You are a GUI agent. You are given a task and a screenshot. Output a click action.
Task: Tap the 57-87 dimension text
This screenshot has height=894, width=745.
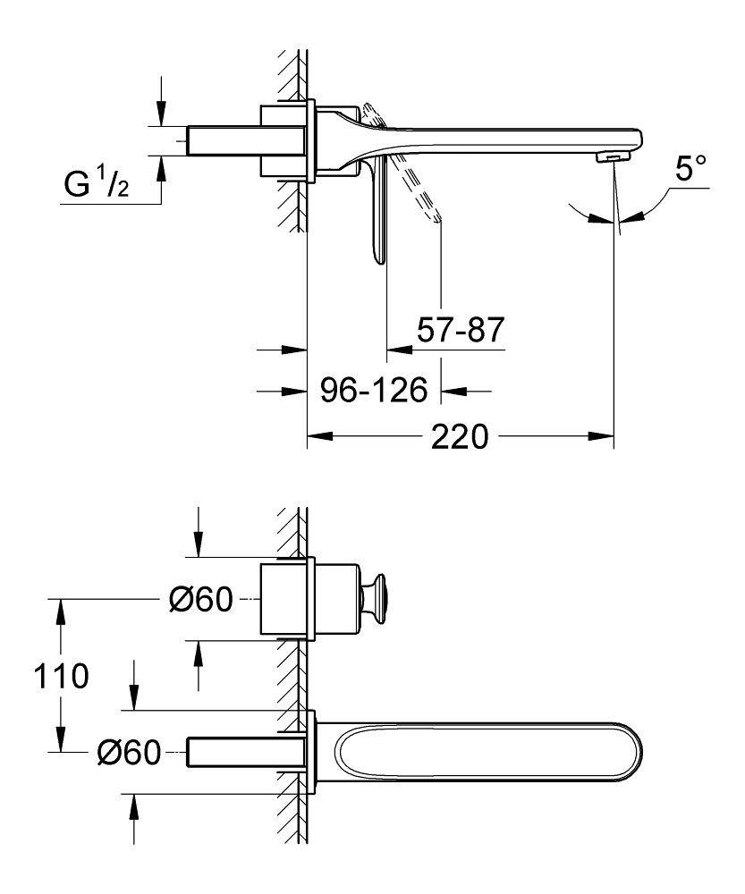point(461,332)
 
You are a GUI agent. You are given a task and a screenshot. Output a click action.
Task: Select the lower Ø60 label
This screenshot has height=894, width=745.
point(128,754)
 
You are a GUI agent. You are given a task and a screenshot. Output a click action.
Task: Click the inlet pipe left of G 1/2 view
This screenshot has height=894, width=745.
point(224,141)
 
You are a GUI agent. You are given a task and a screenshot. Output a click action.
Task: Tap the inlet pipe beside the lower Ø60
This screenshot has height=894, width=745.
point(241,752)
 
